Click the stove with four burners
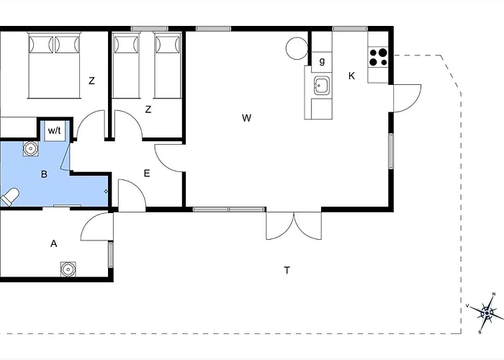click(378, 57)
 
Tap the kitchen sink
click(322, 86)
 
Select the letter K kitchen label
click(351, 76)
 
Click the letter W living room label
click(246, 118)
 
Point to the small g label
click(322, 61)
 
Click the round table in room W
click(297, 48)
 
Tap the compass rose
click(486, 313)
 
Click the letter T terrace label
click(287, 271)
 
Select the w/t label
click(54, 131)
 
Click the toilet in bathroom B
click(9, 196)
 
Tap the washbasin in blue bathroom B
click(31, 149)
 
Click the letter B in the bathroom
click(45, 174)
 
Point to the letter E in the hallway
click(147, 174)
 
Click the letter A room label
click(54, 243)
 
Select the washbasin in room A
click(68, 269)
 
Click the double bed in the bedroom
click(54, 66)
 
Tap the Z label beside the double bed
click(92, 81)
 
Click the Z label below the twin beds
click(148, 109)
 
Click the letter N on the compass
click(494, 294)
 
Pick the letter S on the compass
click(480, 332)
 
